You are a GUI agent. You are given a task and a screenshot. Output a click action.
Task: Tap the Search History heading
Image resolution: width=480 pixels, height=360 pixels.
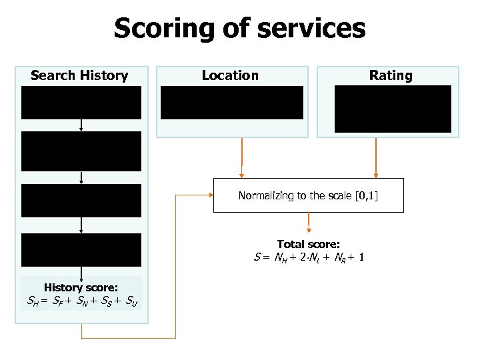tap(79, 75)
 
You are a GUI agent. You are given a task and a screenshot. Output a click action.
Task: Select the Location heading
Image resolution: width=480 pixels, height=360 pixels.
tap(230, 75)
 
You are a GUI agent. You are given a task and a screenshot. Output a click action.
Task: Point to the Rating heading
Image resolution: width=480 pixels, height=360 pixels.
tap(391, 75)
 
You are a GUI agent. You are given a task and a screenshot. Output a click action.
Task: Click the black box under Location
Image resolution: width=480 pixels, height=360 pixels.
tap(232, 103)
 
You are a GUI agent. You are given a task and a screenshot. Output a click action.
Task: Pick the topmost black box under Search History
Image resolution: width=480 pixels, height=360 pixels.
tap(81, 103)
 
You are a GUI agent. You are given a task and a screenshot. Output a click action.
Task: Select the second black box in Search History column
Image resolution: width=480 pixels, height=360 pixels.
tap(81, 151)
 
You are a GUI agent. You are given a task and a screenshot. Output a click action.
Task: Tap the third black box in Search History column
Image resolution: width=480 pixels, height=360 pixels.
tap(81, 201)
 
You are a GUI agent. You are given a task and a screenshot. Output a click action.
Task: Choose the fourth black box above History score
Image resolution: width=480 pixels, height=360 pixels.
tap(81, 250)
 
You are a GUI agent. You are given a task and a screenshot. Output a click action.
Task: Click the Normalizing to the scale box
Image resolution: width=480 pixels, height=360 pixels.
tap(308, 195)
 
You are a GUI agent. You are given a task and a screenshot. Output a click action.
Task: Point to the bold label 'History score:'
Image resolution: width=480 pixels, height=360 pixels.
tap(81, 287)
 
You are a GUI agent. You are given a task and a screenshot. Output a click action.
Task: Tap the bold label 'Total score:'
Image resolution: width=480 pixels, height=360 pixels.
tap(308, 244)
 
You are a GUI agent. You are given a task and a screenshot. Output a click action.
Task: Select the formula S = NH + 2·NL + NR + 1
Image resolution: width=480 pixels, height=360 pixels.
tap(308, 257)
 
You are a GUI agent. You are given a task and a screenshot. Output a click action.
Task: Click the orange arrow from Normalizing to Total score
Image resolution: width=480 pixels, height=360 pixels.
tap(308, 221)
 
